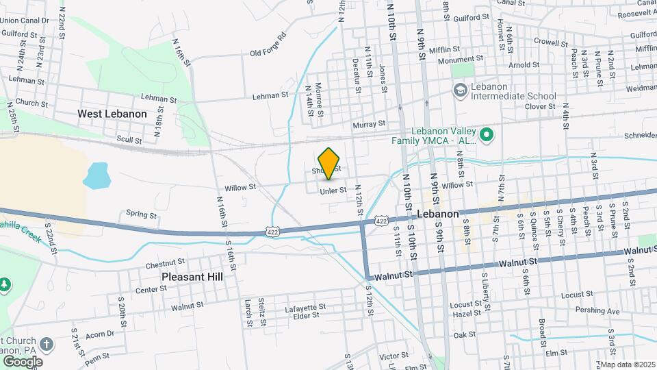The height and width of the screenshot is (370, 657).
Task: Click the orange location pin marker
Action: click(329, 162)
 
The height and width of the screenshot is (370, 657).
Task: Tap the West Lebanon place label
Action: click(112, 114)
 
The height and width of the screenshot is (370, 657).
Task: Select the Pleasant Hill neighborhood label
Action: click(192, 277)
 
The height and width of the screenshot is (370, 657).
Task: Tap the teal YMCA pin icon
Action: click(487, 135)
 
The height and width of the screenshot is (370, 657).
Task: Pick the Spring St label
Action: click(141, 214)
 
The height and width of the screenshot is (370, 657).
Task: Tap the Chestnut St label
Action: click(166, 262)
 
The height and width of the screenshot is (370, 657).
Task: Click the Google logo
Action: click(22, 361)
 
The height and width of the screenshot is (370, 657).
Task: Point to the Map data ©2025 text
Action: click(627, 364)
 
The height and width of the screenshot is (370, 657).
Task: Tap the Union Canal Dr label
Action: click(25, 21)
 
